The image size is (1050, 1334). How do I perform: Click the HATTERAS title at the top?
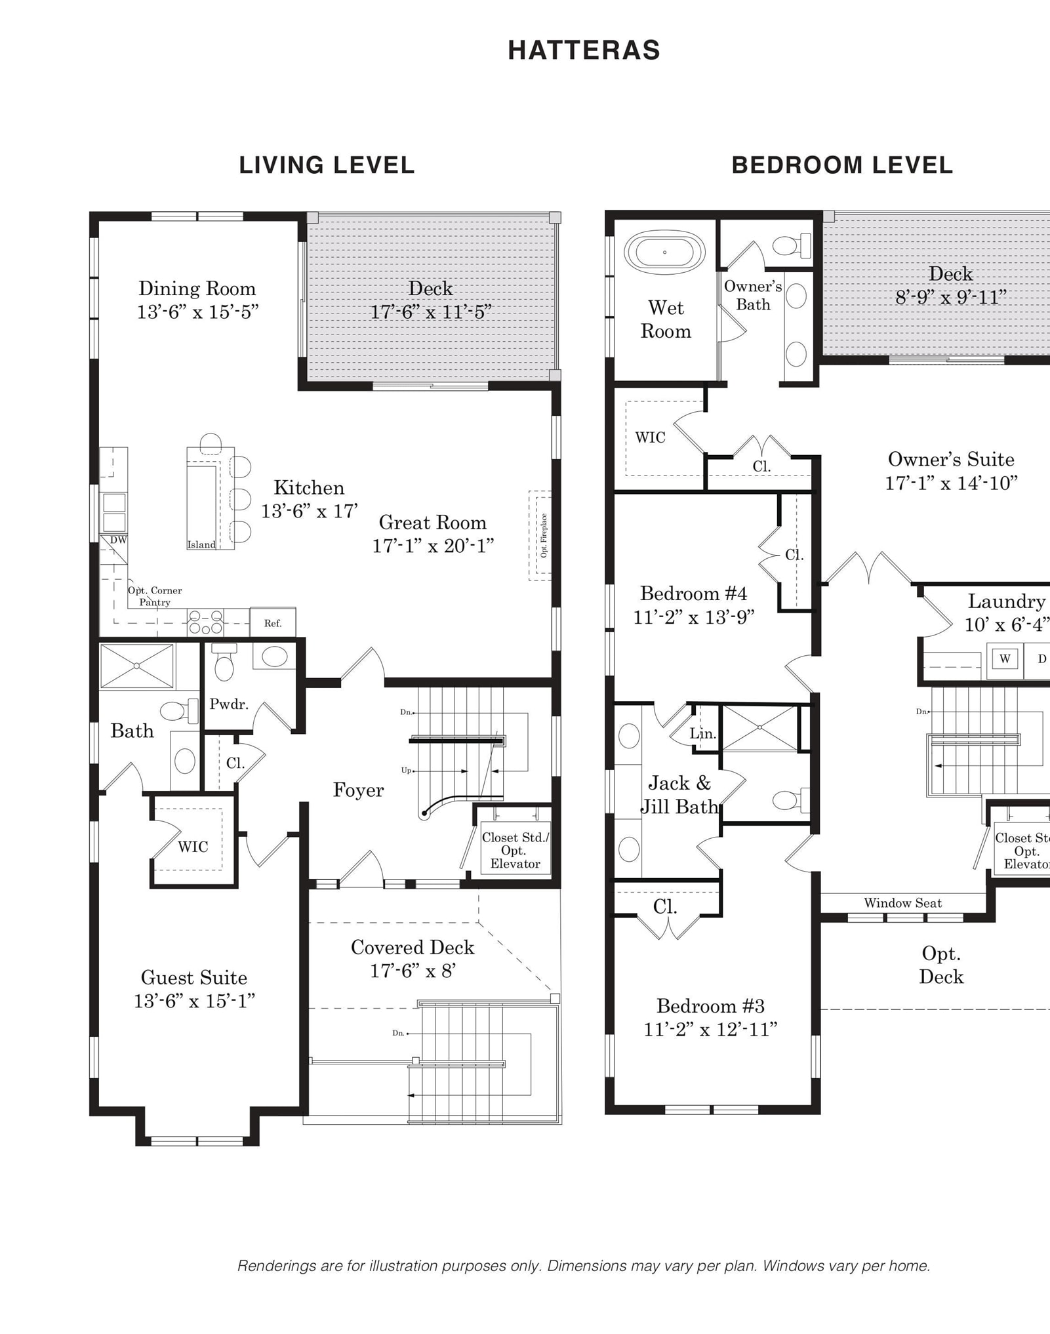584,51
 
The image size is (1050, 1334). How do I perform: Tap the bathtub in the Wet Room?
664,252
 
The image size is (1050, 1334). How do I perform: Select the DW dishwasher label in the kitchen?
118,540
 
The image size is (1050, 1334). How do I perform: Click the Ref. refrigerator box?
273,622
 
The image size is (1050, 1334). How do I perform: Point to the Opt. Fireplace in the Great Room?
540,535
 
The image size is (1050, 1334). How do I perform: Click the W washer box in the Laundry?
1005,658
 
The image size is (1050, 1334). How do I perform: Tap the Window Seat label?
902,903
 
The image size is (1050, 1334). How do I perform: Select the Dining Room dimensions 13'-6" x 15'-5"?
197,312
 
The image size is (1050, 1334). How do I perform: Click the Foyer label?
358,790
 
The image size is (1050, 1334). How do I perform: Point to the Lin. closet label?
702,734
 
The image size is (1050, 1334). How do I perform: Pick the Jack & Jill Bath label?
679,794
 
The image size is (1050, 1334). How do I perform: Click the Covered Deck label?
413,947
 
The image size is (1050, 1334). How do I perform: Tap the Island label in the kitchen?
201,544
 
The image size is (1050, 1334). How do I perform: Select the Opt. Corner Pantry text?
155,596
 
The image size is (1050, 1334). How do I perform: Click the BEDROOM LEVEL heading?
842,165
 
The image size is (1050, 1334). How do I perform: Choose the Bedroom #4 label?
693,594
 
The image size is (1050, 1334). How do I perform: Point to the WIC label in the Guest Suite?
193,847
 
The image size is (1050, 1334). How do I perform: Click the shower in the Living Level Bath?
137,666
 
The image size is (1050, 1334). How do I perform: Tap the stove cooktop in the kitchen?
205,622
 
